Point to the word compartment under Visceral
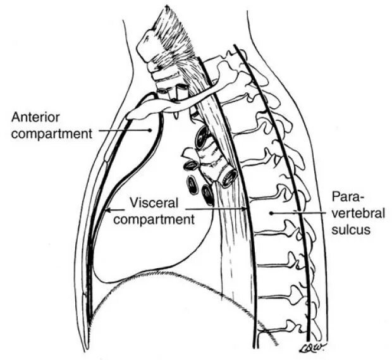pos(161,219)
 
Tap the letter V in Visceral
pos(134,204)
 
